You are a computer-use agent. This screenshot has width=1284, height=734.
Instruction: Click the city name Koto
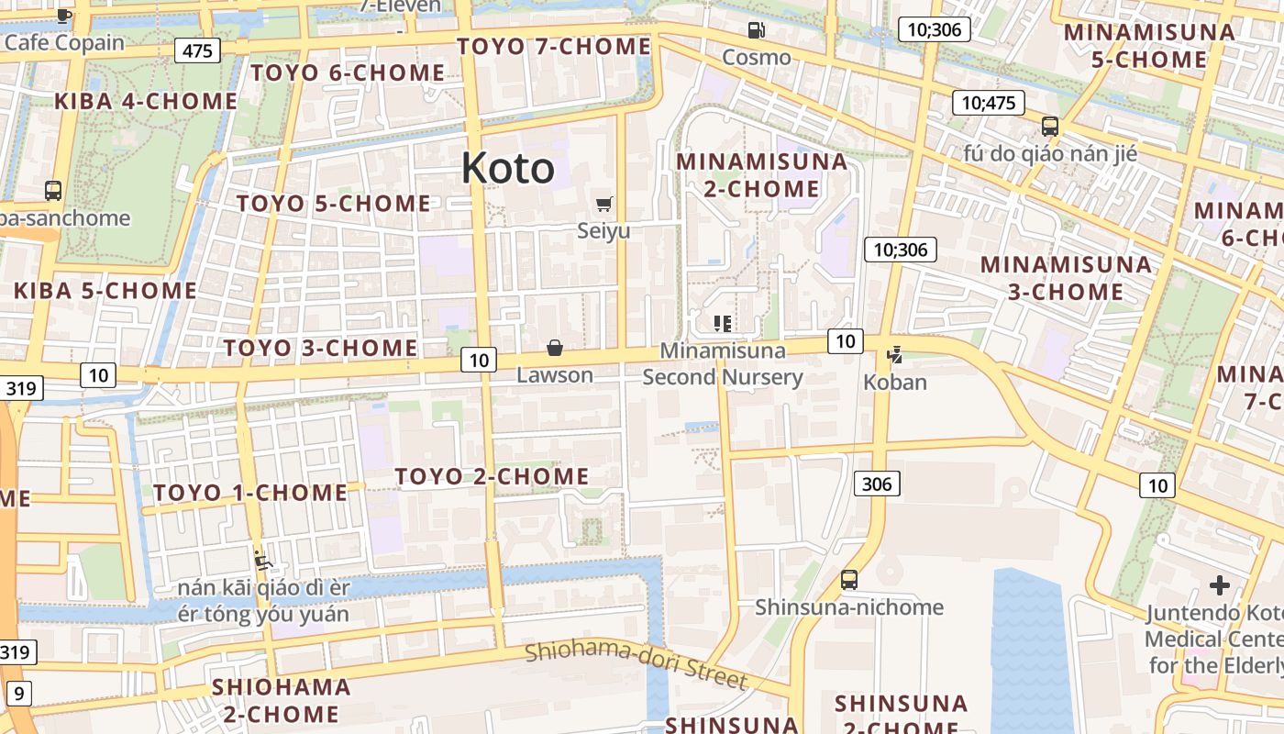[507, 168]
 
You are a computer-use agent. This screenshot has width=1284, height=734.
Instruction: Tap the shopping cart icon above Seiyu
[603, 204]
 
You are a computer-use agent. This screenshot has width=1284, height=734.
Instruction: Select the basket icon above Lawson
[555, 348]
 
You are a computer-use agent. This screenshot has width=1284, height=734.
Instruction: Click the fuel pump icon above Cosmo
[756, 30]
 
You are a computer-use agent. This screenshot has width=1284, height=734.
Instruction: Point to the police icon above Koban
[895, 354]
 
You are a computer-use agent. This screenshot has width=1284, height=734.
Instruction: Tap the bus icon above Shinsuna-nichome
[849, 580]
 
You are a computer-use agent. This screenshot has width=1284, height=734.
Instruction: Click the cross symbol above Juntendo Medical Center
[1220, 584]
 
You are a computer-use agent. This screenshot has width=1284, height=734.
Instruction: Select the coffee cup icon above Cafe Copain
[63, 15]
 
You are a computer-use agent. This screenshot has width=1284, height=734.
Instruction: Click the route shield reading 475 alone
[198, 50]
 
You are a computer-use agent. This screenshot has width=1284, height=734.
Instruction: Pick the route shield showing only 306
[877, 484]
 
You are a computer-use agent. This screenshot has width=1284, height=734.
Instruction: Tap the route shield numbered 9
[19, 694]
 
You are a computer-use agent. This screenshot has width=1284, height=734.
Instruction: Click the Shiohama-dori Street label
[636, 665]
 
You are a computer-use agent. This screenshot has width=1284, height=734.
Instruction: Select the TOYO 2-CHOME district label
[492, 476]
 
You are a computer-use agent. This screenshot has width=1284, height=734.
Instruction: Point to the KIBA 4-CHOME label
[146, 101]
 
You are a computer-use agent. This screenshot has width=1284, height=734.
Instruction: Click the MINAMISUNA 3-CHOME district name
[1066, 278]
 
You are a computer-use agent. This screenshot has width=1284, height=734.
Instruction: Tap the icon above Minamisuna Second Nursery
[723, 323]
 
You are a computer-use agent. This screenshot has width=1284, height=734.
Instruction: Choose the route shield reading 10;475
[988, 103]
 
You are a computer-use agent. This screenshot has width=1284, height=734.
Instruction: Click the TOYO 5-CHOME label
[334, 204]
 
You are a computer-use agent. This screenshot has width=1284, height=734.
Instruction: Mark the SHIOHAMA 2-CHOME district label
[281, 700]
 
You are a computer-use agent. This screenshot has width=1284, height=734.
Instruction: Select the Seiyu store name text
[603, 231]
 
